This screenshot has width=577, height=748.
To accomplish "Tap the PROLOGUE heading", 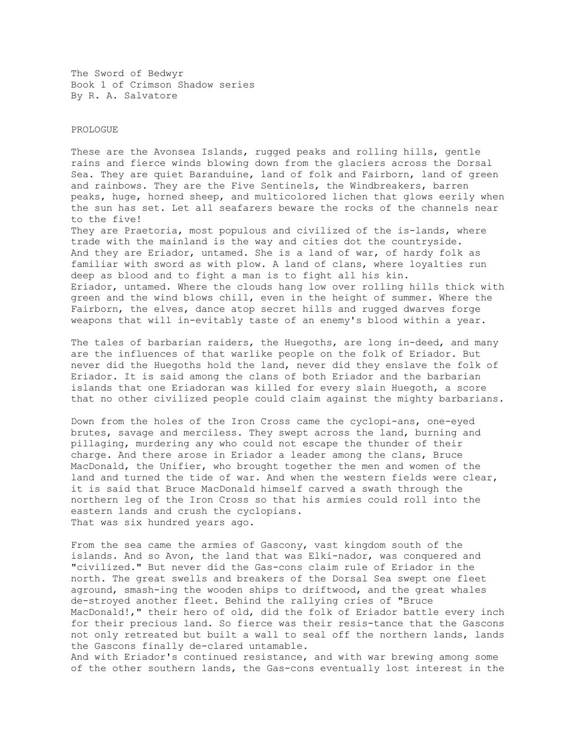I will [95, 129].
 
